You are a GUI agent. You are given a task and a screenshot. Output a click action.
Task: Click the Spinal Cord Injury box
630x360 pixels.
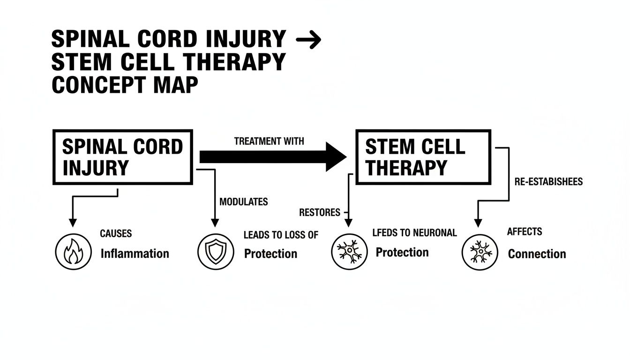(x=122, y=157)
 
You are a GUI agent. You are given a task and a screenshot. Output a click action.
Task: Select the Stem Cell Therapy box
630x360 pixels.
(x=423, y=157)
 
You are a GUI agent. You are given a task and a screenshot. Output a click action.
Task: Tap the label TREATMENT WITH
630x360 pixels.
(x=269, y=141)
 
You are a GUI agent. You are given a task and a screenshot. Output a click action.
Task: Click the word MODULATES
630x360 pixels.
(x=243, y=202)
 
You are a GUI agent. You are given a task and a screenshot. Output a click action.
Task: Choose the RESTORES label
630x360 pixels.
(x=320, y=212)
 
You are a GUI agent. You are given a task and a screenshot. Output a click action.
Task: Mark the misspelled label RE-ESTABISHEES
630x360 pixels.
(x=548, y=182)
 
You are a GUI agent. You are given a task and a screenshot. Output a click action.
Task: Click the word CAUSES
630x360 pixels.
(x=116, y=233)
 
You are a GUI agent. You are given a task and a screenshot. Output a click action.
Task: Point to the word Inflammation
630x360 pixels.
(x=135, y=254)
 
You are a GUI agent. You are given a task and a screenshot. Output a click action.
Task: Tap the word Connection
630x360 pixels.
(x=537, y=254)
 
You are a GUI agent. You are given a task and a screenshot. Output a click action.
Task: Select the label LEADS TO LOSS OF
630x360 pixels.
(x=281, y=235)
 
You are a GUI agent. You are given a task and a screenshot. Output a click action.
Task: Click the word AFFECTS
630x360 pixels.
(x=525, y=232)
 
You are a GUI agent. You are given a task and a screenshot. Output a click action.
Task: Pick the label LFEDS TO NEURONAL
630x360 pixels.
(x=414, y=232)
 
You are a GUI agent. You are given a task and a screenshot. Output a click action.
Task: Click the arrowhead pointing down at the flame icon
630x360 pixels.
(x=72, y=222)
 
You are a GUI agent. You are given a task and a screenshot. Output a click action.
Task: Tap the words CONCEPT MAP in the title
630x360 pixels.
(x=125, y=85)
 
